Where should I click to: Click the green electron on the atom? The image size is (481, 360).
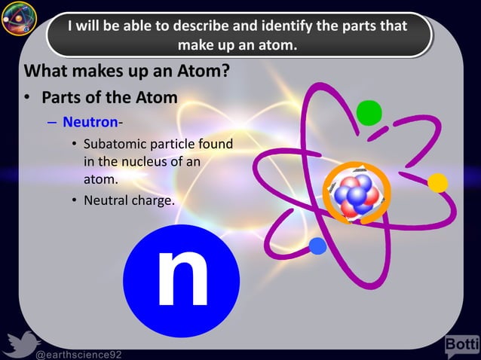[369, 112]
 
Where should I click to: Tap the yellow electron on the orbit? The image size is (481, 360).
[438, 183]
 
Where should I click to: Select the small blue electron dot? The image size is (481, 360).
[317, 245]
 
